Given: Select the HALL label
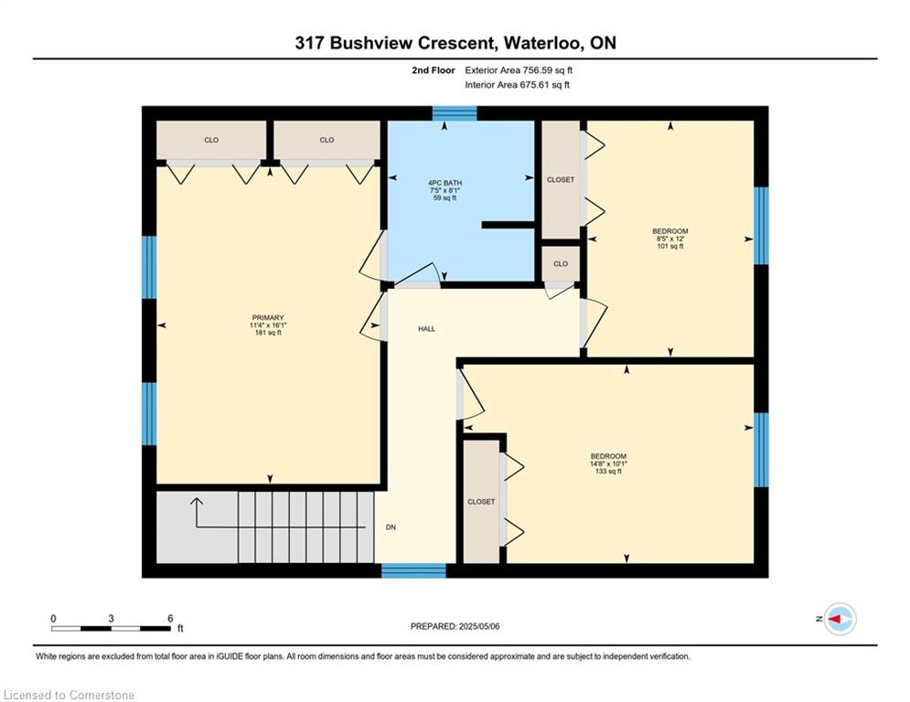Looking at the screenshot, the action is pos(426,329).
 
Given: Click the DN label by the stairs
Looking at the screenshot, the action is pos(391,527).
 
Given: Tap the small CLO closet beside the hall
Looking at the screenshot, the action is pos(561,264).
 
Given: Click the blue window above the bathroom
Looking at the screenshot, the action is pos(455,113).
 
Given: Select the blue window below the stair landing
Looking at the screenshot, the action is pos(413,570).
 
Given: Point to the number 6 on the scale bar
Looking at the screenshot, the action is pos(170,619).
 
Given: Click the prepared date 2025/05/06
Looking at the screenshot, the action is pos(479,626).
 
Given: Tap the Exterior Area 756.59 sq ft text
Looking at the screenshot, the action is pos(519,70).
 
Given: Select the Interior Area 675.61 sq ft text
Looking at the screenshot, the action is pos(517,85).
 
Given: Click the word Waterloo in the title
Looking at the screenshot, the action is pos(542,43).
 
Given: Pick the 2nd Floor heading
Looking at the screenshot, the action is pos(433,70).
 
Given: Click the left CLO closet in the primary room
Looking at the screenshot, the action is pos(211,140).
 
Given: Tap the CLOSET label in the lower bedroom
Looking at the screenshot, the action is pos(481,502).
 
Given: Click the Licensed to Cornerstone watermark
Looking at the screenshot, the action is pos(69,695).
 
